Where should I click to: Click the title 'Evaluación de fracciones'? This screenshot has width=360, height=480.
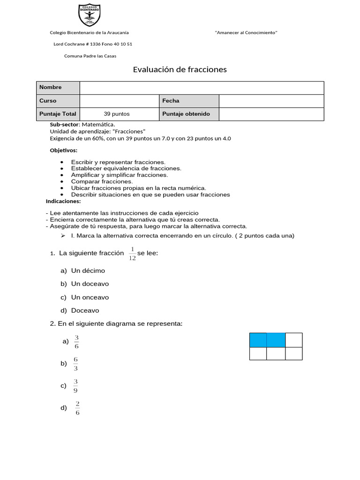tap(180, 70)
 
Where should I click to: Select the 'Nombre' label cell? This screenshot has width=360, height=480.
tap(58, 88)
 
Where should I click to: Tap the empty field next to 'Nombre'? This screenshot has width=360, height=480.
tap(202, 88)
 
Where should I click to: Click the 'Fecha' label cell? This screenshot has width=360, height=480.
tap(189, 101)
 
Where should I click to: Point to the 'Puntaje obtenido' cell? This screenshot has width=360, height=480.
tap(189, 114)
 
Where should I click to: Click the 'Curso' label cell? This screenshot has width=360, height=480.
tap(58, 101)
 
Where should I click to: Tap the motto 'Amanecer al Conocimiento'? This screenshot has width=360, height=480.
tap(246, 32)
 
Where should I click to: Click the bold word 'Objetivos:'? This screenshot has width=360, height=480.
tap(63, 150)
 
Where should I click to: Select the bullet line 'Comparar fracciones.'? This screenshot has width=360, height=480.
tap(102, 181)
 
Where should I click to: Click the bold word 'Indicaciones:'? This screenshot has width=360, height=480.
tap(63, 201)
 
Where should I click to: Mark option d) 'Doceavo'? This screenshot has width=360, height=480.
tap(85, 310)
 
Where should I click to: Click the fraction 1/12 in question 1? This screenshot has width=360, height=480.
tap(132, 254)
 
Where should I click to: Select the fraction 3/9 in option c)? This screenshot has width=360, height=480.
tap(76, 386)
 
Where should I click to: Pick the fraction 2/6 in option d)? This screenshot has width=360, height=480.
tap(77, 408)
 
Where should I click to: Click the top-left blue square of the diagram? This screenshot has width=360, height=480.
tap(258, 340)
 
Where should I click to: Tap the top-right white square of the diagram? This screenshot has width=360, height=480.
tap(293, 340)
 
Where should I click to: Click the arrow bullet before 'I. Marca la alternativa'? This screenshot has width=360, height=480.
tap(63, 236)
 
